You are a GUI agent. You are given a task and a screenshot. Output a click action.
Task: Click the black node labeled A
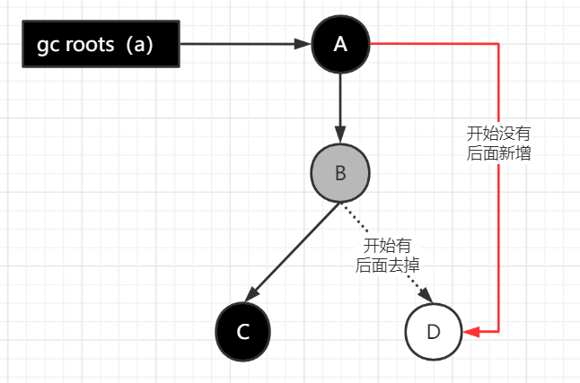pyautogui.click(x=340, y=44)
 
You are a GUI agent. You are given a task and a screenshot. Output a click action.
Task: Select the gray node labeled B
pyautogui.click(x=340, y=173)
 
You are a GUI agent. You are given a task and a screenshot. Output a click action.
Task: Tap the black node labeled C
pyautogui.click(x=242, y=331)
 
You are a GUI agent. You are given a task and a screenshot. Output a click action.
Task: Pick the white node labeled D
pyautogui.click(x=433, y=331)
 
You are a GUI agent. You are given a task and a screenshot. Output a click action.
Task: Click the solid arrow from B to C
pyautogui.click(x=293, y=252)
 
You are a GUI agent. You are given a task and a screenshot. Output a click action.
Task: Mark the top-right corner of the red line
pyautogui.click(x=497, y=44)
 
